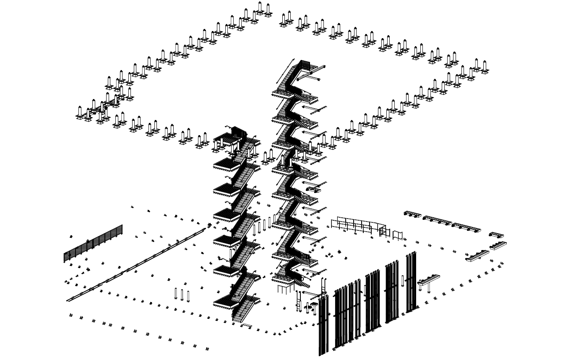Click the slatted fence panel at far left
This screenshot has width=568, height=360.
[x=93, y=244]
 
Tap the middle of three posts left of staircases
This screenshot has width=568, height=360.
[x=182, y=295]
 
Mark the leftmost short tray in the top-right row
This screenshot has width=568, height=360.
[x=412, y=214]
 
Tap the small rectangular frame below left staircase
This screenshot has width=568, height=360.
[x=246, y=326]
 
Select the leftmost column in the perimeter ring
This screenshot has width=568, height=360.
[x=79, y=112]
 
